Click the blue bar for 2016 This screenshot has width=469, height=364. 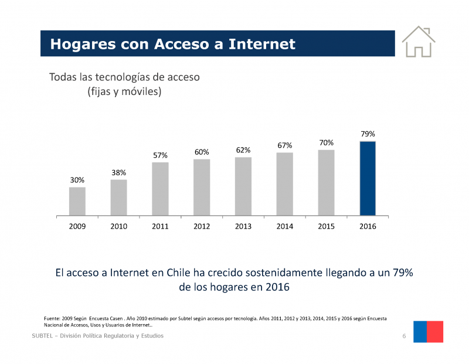coord(368,178)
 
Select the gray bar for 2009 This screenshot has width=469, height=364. coord(77,201)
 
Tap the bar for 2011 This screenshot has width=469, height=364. coord(160,189)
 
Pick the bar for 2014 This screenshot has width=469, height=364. coord(285,183)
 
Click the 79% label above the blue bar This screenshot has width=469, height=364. coord(368,134)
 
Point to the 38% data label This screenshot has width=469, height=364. coord(119,172)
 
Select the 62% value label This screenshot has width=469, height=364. coord(243,150)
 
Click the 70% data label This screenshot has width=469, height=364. coord(327,142)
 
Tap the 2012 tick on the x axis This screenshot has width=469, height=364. coord(202,226)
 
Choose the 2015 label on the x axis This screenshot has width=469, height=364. coord(327,226)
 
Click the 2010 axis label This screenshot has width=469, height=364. coord(119,226)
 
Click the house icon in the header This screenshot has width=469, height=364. coord(419,42)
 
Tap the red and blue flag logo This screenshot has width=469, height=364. coord(429,331)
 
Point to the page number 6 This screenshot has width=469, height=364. coord(404,336)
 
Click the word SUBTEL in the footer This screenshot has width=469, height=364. coord(42,336)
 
